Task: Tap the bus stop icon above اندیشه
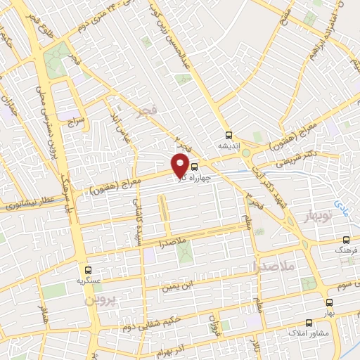click(228, 135)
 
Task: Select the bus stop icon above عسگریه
click(88, 269)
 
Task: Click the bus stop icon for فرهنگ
click(345, 239)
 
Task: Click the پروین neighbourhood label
click(98, 300)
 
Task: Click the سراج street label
click(76, 122)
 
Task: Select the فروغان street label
click(214, 325)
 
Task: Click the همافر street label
click(44, 309)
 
